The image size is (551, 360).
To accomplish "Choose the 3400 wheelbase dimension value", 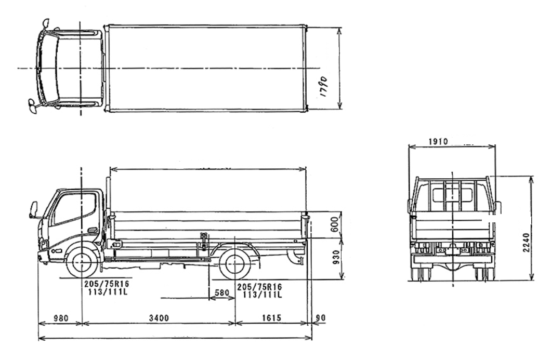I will pos(158,318).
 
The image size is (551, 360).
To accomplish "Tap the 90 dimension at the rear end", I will pos(321,318).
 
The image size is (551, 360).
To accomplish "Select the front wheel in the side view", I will pos(82,263).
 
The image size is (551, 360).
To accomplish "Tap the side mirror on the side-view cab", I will pos(34,210).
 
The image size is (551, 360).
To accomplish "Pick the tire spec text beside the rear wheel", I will pos(259,290).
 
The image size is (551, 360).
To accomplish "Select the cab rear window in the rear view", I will pos(452,195).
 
